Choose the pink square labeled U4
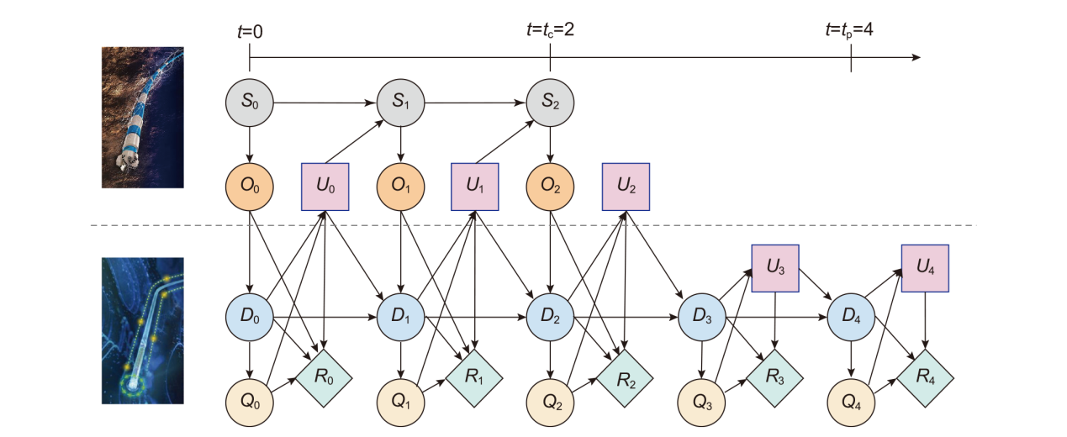tap(925, 268)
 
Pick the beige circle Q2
tap(550, 400)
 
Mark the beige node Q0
tap(250, 400)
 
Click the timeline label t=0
tap(250, 31)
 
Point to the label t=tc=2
tap(550, 30)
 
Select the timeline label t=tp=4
tap(849, 30)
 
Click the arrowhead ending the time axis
tap(916, 58)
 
